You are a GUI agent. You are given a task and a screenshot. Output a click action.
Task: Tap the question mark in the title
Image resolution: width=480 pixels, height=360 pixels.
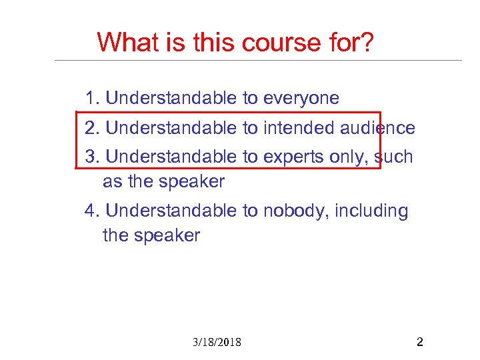tap(367, 43)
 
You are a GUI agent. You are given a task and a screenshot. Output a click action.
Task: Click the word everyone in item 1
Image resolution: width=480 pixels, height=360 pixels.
tap(301, 99)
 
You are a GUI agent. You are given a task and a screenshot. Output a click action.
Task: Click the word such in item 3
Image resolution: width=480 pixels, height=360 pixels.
tap(394, 157)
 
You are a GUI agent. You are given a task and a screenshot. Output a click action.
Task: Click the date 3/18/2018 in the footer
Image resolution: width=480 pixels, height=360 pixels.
tap(217, 343)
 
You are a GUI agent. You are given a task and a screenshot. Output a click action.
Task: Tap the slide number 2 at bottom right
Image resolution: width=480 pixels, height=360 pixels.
tap(419, 343)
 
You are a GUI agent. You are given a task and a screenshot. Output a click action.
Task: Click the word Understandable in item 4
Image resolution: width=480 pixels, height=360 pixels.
tap(171, 211)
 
